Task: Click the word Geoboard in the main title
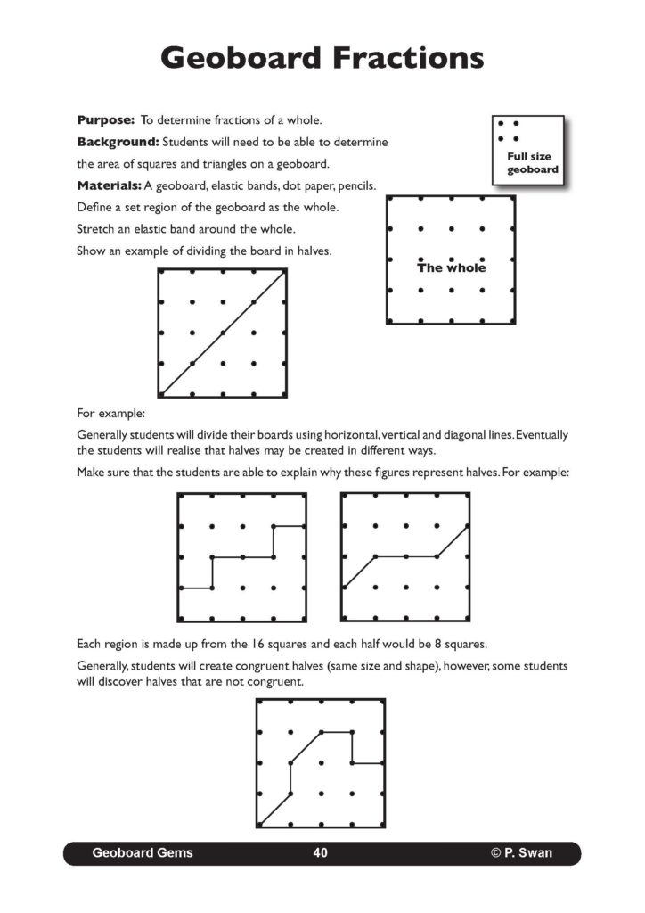pyautogui.click(x=240, y=58)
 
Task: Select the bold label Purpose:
pyautogui.click(x=105, y=119)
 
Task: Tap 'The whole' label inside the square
pyautogui.click(x=452, y=267)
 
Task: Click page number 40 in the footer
pyautogui.click(x=321, y=853)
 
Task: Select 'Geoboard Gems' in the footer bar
pyautogui.click(x=143, y=853)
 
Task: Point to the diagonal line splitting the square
pyautogui.click(x=223, y=333)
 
